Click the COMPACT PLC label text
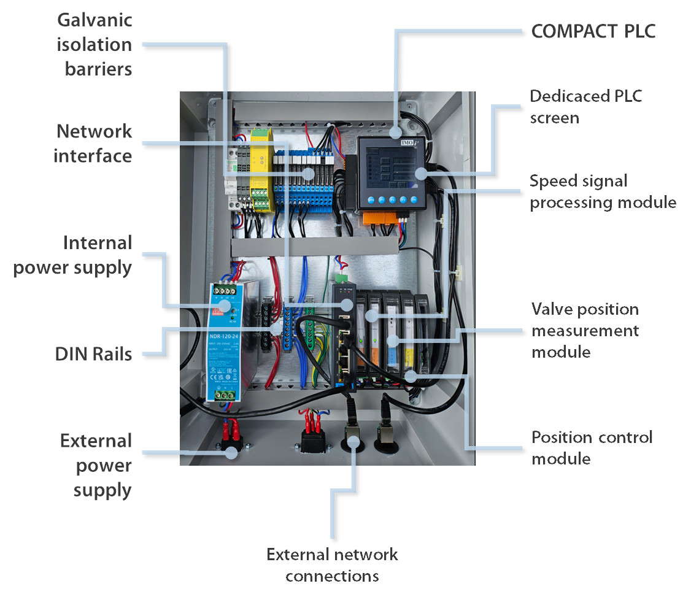593,32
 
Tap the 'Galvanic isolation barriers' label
95,45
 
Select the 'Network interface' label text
93,143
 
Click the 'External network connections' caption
332,565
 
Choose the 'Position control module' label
592,447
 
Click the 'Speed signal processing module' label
603,191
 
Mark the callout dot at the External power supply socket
231,453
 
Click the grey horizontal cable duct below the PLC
313,247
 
